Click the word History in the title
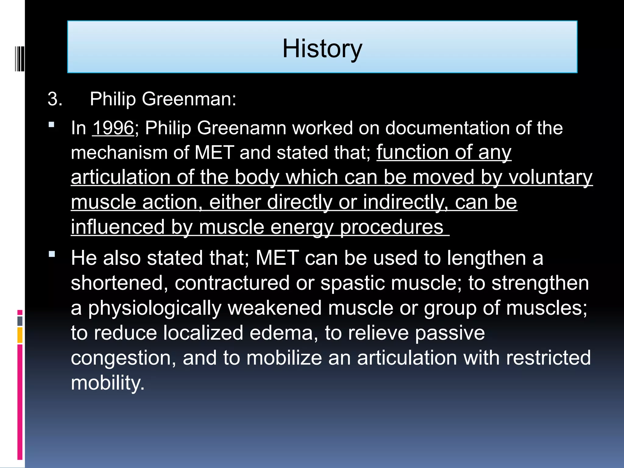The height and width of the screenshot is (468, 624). click(322, 49)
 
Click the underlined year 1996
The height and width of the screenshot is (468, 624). click(113, 128)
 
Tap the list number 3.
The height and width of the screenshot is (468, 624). click(55, 99)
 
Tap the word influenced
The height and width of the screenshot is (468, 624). click(118, 227)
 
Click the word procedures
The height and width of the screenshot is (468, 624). click(392, 227)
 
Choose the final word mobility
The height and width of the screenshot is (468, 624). click(108, 383)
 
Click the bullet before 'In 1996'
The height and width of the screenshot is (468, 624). click(51, 124)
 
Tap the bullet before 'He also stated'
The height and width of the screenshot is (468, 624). click(51, 254)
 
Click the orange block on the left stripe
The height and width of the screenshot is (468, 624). click(20, 335)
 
